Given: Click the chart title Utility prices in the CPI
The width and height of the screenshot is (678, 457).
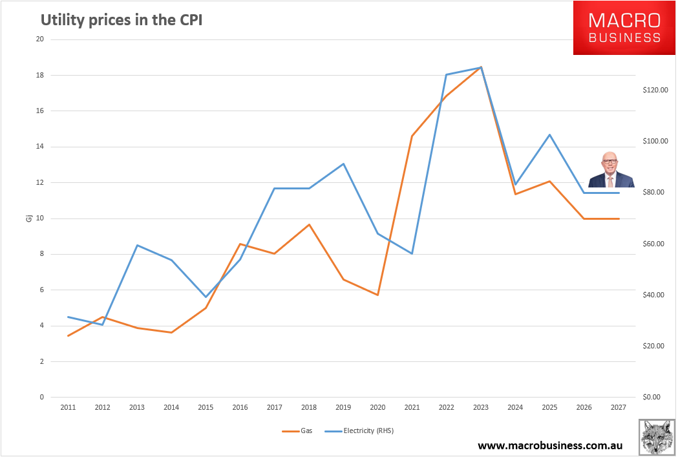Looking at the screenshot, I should pos(122,20).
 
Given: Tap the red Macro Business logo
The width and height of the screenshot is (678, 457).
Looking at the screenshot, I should pos(624,28).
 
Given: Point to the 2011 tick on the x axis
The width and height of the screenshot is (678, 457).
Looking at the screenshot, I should pos(68,408).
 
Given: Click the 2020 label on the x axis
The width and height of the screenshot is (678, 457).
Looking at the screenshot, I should pos(377,408).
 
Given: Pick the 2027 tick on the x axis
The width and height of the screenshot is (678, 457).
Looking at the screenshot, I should pos(619,408).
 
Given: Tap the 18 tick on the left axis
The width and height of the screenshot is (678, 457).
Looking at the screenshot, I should pos(39,75).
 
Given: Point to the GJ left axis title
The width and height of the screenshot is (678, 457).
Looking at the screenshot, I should pos(29,218).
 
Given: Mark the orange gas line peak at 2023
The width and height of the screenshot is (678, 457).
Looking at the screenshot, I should pos(481,67).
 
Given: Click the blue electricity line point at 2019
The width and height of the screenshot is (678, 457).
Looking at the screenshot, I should pos(343,164).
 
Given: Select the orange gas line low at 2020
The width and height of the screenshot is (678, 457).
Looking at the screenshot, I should pos(377,295).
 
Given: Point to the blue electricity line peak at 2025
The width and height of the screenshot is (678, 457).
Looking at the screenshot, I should pos(549,134).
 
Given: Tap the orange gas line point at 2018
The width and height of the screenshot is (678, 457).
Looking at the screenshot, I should pos(309,224).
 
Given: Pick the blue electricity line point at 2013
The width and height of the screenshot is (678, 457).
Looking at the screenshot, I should pos(137,245).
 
